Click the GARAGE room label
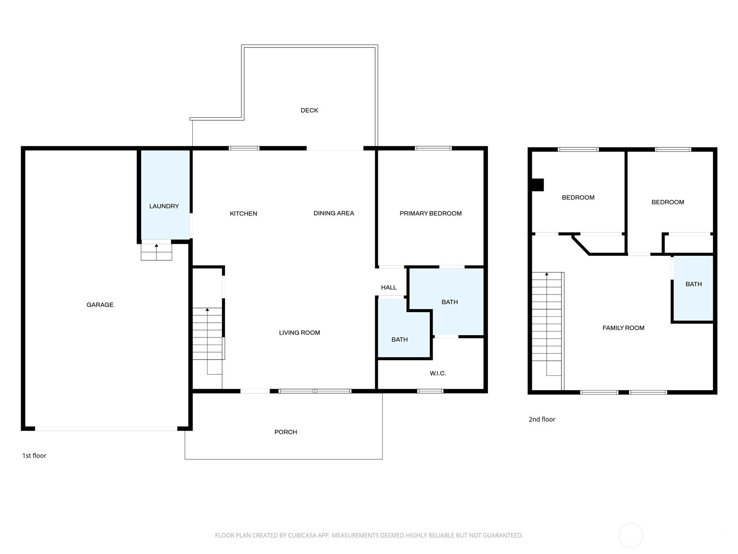[100, 305]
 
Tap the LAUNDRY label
[164, 206]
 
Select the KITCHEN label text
[244, 214]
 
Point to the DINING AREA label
[334, 213]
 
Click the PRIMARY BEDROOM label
[431, 213]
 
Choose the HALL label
[389, 288]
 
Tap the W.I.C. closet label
[438, 373]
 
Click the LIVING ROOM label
[299, 333]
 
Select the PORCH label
[286, 432]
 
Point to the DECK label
[309, 110]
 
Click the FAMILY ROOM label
[623, 328]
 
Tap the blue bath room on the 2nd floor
[693, 289]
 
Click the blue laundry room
[165, 195]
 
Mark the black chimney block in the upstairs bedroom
[538, 185]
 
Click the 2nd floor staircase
[547, 324]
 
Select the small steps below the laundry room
[156, 252]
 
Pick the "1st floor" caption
[34, 456]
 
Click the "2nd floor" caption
[542, 420]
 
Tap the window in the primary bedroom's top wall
[433, 148]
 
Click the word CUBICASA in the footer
[302, 536]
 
